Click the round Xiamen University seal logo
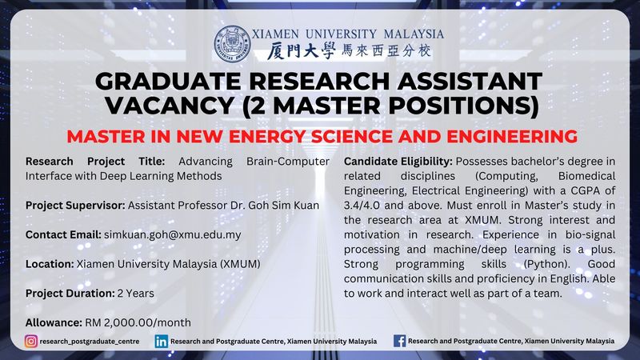(232, 44)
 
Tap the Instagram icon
(31, 342)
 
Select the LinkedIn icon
(162, 342)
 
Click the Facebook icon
(399, 341)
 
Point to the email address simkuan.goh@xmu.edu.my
(173, 234)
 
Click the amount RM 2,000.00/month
(138, 322)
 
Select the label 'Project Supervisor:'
(75, 206)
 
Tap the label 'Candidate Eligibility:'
(398, 162)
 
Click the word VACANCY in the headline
(170, 106)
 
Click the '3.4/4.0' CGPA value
(362, 206)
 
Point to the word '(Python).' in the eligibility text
(547, 264)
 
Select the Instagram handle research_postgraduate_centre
(90, 342)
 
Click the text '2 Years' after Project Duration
(136, 294)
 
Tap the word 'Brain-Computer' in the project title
(288, 162)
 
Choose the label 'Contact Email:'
(63, 234)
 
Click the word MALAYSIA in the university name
(414, 34)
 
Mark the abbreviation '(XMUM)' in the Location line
(241, 264)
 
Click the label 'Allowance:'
(54, 322)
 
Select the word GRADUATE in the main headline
(168, 81)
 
